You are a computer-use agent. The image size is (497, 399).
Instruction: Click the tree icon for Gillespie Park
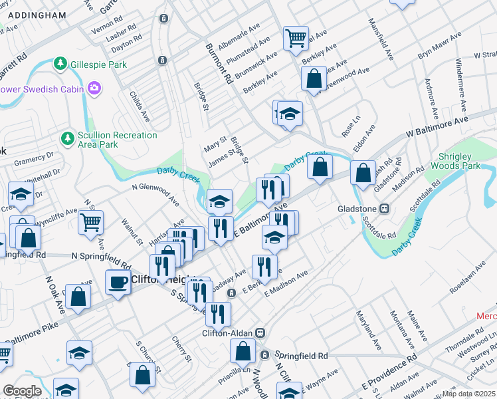pos(60,63)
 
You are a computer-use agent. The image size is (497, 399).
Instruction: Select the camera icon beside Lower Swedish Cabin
pos(94,88)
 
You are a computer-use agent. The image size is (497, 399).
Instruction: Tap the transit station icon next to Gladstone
pos(383,209)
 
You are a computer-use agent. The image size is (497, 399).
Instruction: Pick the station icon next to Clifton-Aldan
pos(261,332)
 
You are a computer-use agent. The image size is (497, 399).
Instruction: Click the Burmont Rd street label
pos(219,64)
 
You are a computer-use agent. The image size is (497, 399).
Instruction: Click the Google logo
pos(22,391)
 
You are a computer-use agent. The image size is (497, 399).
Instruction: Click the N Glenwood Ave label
pos(155,195)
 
